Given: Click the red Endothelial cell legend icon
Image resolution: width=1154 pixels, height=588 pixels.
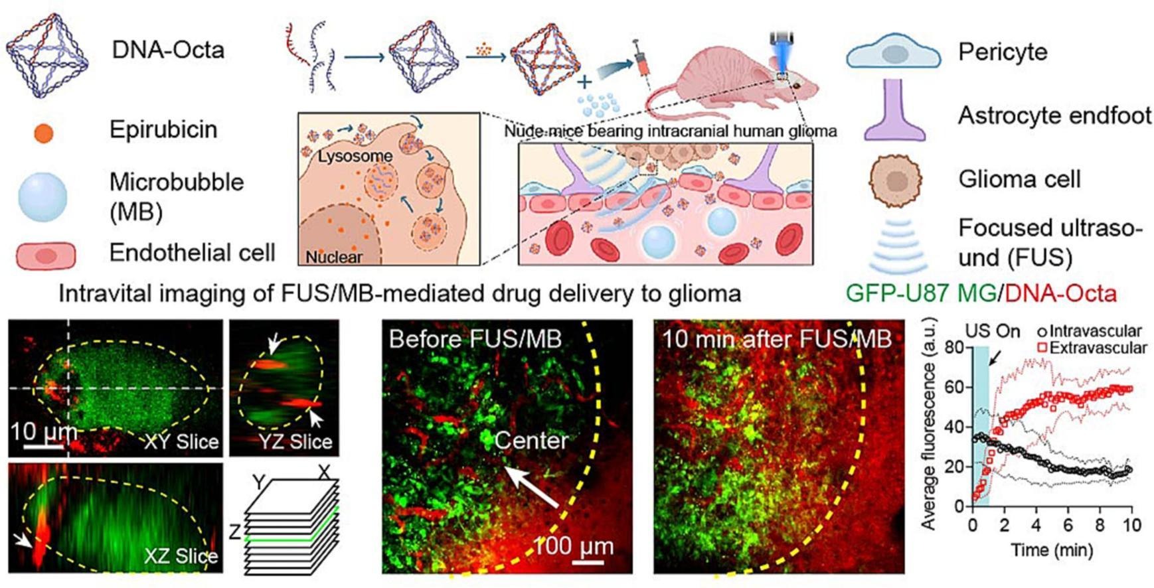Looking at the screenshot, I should tap(45, 256).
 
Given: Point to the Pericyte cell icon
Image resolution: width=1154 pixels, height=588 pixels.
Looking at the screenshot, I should tap(893, 53).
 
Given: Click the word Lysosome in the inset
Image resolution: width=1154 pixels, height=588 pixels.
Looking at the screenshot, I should tap(355, 157).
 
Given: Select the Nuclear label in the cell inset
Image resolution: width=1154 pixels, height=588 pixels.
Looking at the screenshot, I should tap(334, 257).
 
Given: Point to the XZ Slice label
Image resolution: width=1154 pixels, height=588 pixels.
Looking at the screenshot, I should tap(181, 556).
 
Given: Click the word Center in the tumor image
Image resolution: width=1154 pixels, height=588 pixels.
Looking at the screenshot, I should tap(531, 441).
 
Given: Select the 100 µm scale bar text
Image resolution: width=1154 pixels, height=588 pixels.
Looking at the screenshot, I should tap(573, 547).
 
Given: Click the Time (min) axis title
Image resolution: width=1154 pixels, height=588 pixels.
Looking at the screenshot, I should tap(1052, 550).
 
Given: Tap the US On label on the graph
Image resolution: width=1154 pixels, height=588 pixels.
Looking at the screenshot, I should tap(992, 331).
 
